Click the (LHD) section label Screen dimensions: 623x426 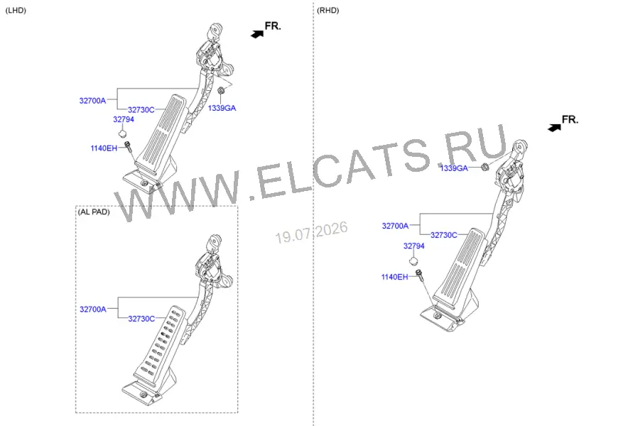(x=16, y=11)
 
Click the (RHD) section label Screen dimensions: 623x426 (x=327, y=11)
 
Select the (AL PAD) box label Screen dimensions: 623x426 (x=94, y=212)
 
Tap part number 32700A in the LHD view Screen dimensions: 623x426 (x=92, y=101)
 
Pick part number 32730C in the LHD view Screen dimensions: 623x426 (x=141, y=110)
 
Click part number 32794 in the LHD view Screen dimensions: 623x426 (x=124, y=119)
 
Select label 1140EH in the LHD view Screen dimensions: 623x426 (x=104, y=148)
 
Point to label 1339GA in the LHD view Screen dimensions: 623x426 (x=222, y=108)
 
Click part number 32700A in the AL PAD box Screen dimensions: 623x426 (x=93, y=310)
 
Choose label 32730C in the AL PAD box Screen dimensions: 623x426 (x=141, y=319)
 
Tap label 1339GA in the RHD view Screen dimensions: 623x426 (x=454, y=168)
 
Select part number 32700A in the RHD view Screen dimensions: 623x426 (x=396, y=226)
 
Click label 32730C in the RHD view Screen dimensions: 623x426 (x=444, y=235)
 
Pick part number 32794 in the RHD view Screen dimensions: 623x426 (x=414, y=246)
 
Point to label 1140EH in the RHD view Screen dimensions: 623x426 (x=394, y=277)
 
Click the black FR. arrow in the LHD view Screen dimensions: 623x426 (x=257, y=34)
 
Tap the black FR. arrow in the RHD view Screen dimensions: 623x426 (x=554, y=127)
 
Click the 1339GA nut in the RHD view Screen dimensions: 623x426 (x=484, y=166)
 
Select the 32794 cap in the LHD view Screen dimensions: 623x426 (x=123, y=133)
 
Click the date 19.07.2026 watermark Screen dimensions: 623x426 (x=311, y=232)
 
